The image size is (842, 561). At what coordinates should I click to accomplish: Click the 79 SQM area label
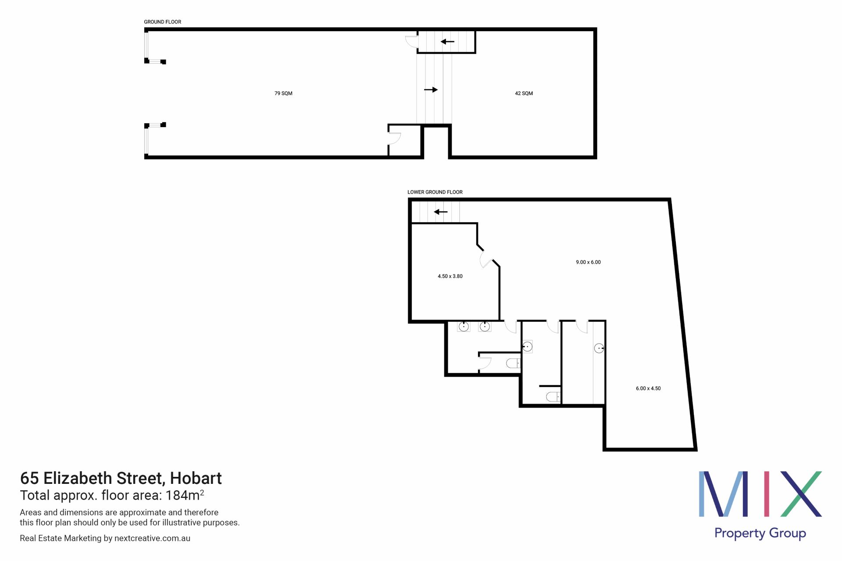pyautogui.click(x=283, y=93)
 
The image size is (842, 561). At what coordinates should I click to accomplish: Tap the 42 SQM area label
pyautogui.click(x=524, y=93)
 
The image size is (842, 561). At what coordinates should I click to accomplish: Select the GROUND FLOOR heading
pyautogui.click(x=162, y=22)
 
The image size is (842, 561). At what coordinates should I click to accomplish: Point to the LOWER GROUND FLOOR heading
pyautogui.click(x=435, y=192)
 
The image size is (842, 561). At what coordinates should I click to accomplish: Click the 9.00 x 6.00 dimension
pyautogui.click(x=588, y=262)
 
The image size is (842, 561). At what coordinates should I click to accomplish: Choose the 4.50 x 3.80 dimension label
pyautogui.click(x=450, y=276)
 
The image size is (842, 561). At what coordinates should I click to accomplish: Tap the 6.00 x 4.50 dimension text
pyautogui.click(x=648, y=388)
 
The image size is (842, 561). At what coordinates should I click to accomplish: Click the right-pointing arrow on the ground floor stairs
pyautogui.click(x=431, y=90)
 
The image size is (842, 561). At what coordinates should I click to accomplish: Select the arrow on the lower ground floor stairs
pyautogui.click(x=440, y=212)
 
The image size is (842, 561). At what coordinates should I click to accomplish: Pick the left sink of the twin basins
pyautogui.click(x=464, y=327)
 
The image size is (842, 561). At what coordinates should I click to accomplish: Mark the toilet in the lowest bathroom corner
pyautogui.click(x=553, y=397)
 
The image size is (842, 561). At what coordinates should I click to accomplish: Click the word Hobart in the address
pyautogui.click(x=196, y=478)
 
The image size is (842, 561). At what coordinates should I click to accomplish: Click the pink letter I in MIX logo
pyautogui.click(x=767, y=494)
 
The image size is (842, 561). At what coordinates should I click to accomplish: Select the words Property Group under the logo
pyautogui.click(x=760, y=533)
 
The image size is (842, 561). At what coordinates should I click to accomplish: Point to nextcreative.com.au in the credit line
pyautogui.click(x=152, y=538)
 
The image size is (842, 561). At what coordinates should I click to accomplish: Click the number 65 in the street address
pyautogui.click(x=29, y=478)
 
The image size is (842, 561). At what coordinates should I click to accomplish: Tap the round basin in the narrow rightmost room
pyautogui.click(x=599, y=348)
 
